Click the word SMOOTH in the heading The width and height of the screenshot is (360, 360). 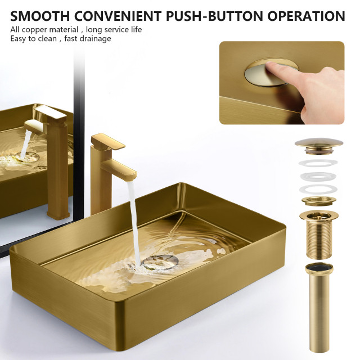coord(42,15)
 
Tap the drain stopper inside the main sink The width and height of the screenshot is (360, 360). coord(160,260)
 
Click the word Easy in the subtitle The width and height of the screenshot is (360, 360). coord(19,38)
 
